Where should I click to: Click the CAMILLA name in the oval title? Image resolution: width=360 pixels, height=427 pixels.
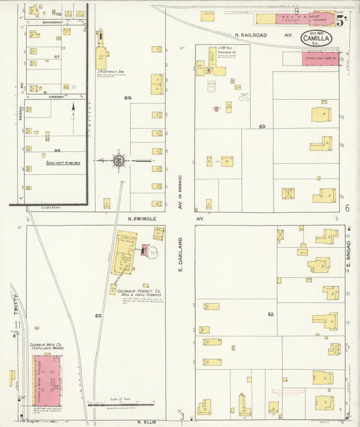[x=316, y=39]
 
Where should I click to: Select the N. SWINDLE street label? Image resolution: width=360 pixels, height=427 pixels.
[x=143, y=220]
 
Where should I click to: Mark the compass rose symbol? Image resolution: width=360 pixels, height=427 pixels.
[x=119, y=160]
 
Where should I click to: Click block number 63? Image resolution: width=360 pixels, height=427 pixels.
[x=262, y=126]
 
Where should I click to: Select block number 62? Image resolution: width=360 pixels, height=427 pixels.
[x=271, y=314]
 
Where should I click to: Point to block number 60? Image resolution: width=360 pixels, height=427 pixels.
[x=98, y=316]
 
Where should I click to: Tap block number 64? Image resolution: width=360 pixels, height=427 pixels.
[x=128, y=98]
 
